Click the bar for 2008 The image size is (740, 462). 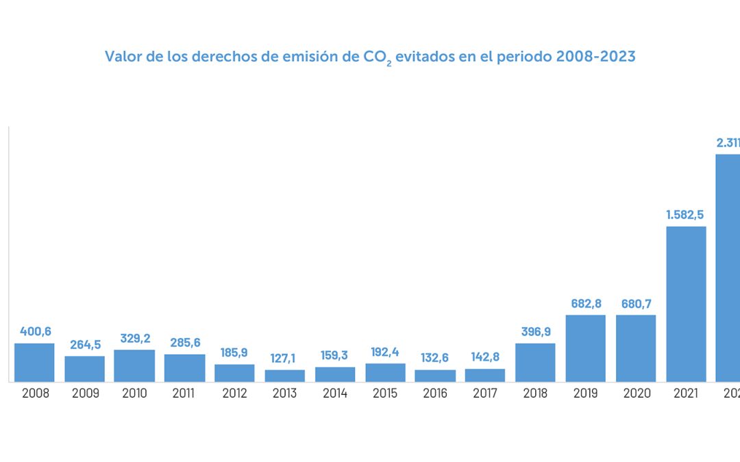[x=34, y=363]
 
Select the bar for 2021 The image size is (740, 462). [x=686, y=304]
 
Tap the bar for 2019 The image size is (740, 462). [x=586, y=348]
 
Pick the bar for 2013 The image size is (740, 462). [x=285, y=376]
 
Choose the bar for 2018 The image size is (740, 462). [x=535, y=363]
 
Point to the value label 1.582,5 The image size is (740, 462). [x=686, y=215]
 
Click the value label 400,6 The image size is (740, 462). [x=34, y=332]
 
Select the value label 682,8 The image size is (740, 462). [x=586, y=304]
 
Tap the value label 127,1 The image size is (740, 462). [x=285, y=359]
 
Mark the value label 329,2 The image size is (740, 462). [x=134, y=338]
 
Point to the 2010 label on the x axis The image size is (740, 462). [x=134, y=394]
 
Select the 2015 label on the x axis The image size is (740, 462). [x=385, y=394]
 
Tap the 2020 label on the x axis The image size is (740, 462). [x=636, y=394]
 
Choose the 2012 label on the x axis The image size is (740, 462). [x=234, y=394]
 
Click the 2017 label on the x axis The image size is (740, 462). [x=485, y=394]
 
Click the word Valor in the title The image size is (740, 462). [x=121, y=56]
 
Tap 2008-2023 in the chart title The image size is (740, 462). [x=595, y=56]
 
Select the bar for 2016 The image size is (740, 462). [x=435, y=376]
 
